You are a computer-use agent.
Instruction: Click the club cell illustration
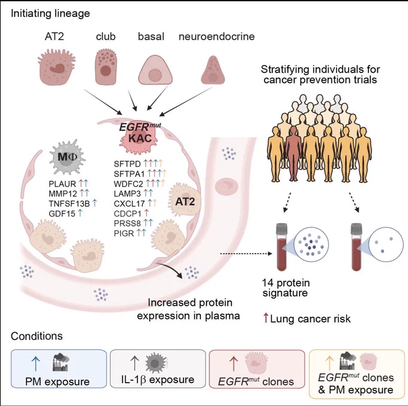pyautogui.click(x=106, y=67)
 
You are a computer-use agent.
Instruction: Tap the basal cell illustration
pyautogui.click(x=155, y=70)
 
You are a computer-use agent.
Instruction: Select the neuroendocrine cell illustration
pyautogui.click(x=213, y=70)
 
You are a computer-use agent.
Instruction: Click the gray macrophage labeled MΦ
pyautogui.click(x=67, y=157)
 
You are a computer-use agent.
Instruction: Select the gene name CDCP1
pyautogui.click(x=127, y=213)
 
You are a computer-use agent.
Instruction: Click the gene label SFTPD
pyautogui.click(x=127, y=164)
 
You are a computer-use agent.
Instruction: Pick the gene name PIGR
pyautogui.click(x=124, y=233)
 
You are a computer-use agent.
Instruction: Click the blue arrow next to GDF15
pyautogui.click(x=80, y=213)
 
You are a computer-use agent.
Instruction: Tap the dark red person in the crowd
pyautogui.click(x=293, y=155)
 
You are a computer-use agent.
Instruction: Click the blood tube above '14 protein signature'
pyautogui.click(x=282, y=247)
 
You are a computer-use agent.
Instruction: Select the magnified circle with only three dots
pyautogui.click(x=386, y=244)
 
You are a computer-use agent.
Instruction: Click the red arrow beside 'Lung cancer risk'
pyautogui.click(x=266, y=318)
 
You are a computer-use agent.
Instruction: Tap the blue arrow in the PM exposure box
pyautogui.click(x=35, y=363)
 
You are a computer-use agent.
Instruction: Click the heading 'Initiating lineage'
pyautogui.click(x=50, y=13)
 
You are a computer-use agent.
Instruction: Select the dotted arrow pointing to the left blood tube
pyautogui.click(x=246, y=254)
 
